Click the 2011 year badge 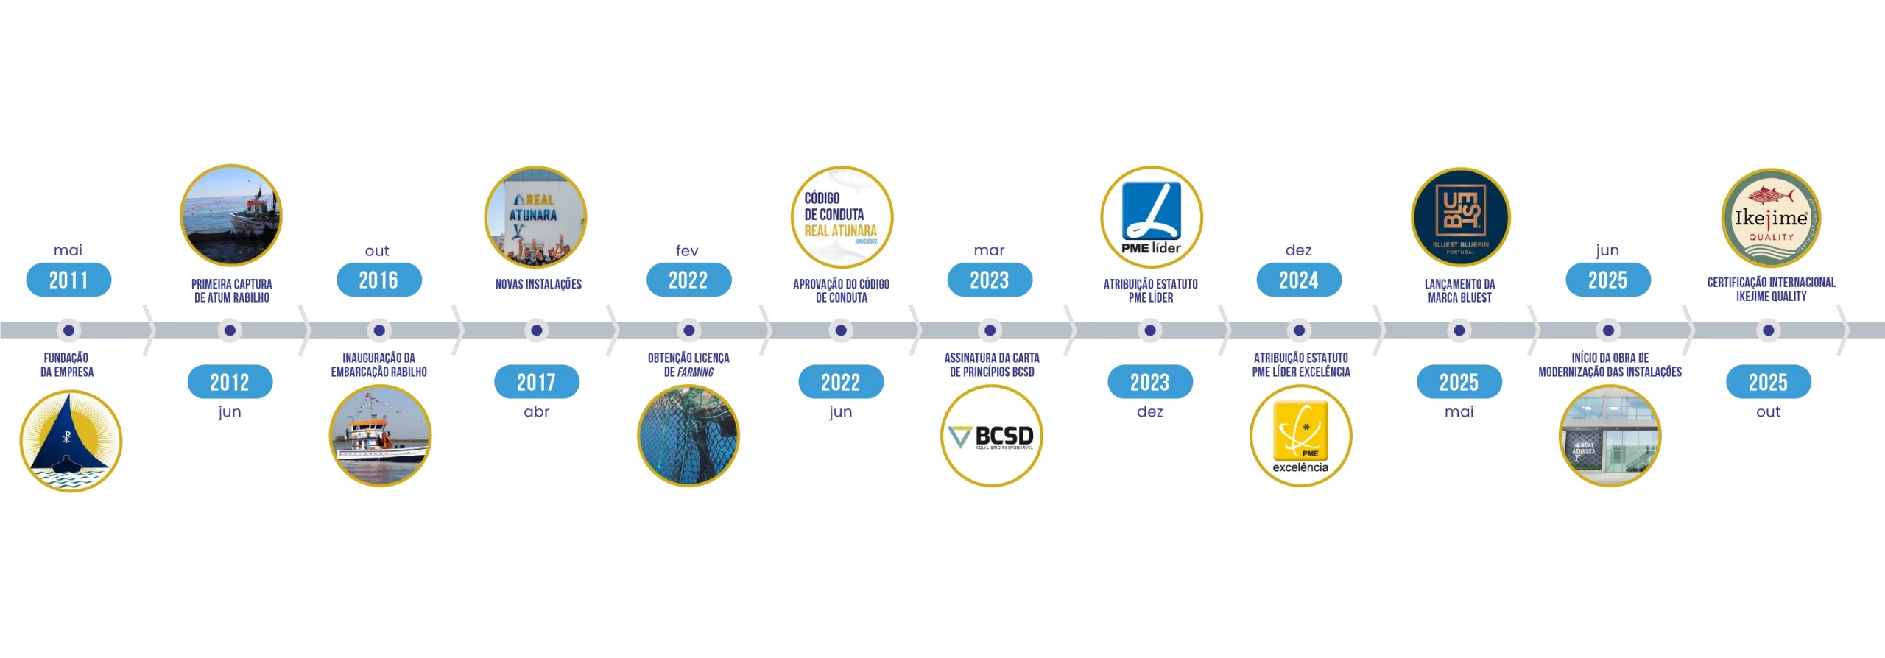tap(68, 280)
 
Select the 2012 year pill tap(230, 382)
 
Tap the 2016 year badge tap(378, 280)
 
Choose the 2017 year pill tap(536, 382)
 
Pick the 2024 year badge tap(1298, 280)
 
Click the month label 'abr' tap(537, 412)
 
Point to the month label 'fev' tap(687, 251)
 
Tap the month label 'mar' tap(989, 251)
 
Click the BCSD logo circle tap(992, 436)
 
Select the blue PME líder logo tap(1151, 217)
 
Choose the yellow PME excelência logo tap(1300, 436)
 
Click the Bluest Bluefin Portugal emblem tap(1460, 217)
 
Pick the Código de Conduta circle tap(842, 217)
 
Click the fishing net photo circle tap(688, 436)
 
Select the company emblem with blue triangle tap(71, 441)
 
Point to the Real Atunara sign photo tap(535, 217)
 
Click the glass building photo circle tap(1610, 436)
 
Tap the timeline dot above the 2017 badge tap(537, 330)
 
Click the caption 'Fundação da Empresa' tap(67, 364)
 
